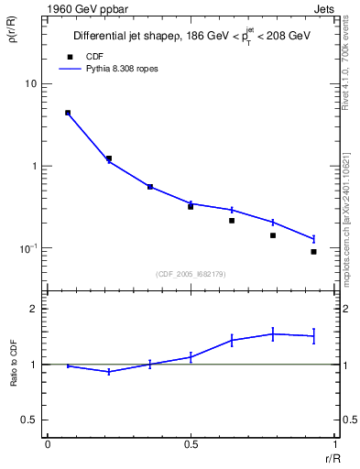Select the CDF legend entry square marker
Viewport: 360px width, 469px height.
[68, 57]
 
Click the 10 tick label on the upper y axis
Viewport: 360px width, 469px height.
[29, 84]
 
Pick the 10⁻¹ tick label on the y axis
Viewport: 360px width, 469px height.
[27, 248]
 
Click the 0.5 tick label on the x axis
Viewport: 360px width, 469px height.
[191, 444]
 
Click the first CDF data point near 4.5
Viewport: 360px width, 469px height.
[68, 113]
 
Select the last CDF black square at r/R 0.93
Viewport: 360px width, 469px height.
[313, 252]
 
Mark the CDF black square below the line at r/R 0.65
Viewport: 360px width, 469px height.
[232, 221]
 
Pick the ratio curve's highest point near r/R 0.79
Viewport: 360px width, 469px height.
[273, 334]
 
